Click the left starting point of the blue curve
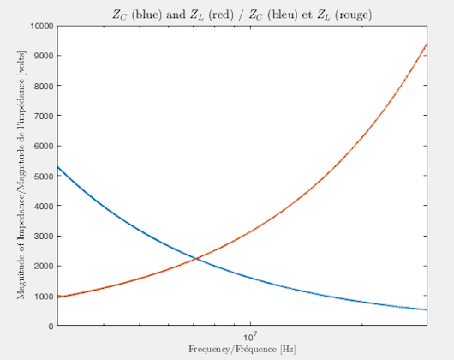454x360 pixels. click(x=57, y=166)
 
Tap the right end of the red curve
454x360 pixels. click(x=427, y=44)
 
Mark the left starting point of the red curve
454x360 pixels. click(x=57, y=297)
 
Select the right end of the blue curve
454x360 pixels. click(x=427, y=309)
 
